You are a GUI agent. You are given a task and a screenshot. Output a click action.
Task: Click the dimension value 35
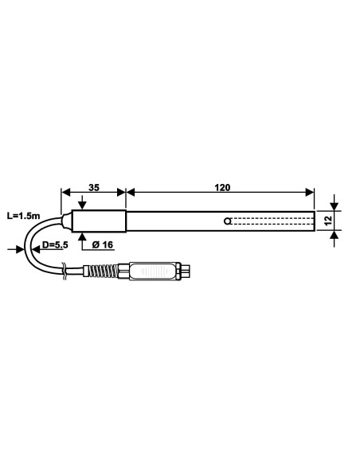(x=93, y=188)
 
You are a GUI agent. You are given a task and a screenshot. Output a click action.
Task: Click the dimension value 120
(x=222, y=188)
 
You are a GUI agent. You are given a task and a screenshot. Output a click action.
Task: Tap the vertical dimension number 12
(x=327, y=220)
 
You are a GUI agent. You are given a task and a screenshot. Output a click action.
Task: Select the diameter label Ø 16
(x=103, y=245)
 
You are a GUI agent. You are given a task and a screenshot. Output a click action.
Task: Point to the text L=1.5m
(x=22, y=216)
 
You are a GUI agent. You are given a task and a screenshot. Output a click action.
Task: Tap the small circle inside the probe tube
(x=228, y=221)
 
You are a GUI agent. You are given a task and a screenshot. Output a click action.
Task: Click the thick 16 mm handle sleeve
(x=100, y=221)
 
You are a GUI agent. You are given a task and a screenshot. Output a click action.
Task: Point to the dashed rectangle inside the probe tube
(x=271, y=221)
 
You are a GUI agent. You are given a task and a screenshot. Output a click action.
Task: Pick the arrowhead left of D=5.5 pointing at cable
(x=22, y=249)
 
